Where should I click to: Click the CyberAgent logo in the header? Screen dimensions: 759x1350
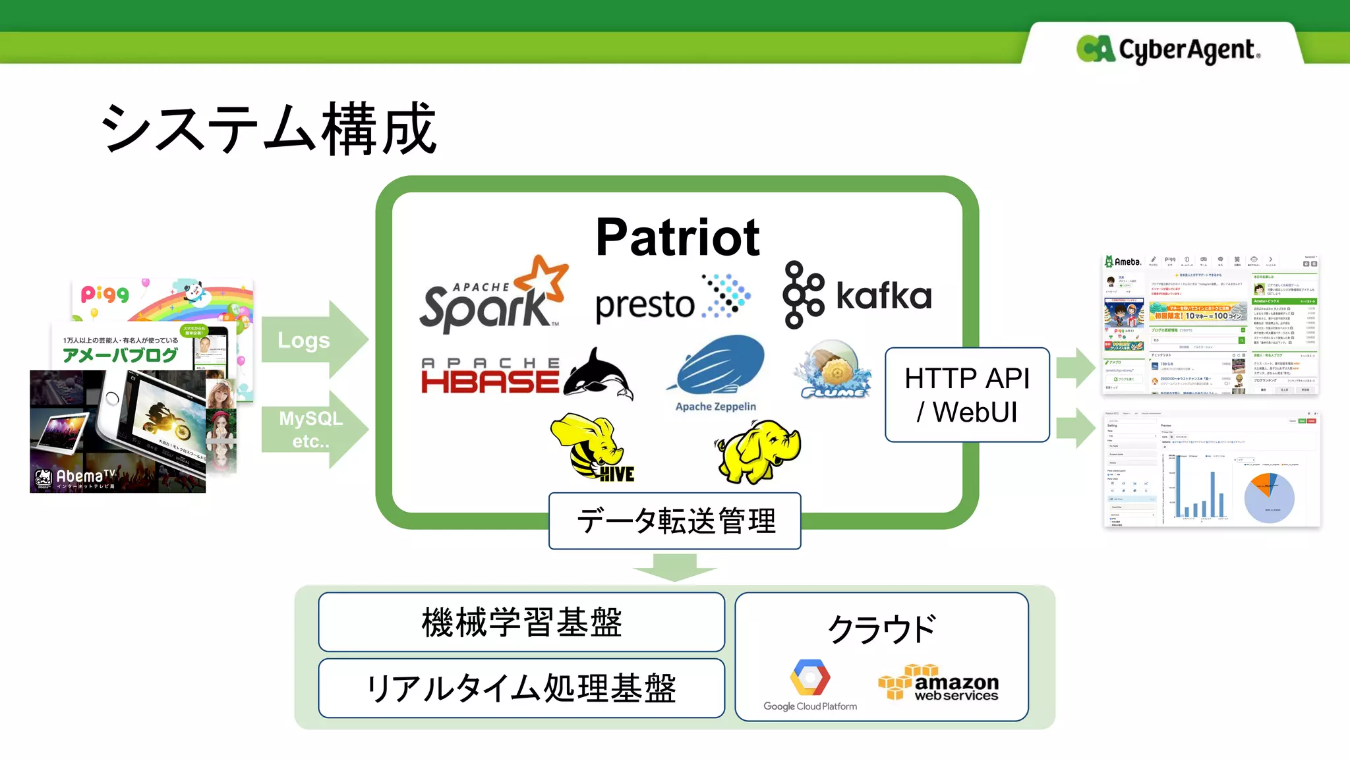pos(1168,49)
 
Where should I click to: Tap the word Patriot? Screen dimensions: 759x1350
pos(677,237)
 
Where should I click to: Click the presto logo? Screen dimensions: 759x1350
pos(672,300)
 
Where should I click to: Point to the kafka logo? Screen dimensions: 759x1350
pos(857,295)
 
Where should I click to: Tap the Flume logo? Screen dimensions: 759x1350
pos(833,370)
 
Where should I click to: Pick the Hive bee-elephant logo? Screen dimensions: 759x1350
pos(592,448)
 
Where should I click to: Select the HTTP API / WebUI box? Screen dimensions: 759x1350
pos(967,395)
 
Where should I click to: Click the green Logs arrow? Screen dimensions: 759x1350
pos(313,340)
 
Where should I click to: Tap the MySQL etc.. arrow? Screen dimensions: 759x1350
pos(313,430)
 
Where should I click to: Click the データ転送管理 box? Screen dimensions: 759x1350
pos(675,521)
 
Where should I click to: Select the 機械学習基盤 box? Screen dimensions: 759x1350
pos(521,622)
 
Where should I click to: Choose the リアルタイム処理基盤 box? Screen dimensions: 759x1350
pos(521,688)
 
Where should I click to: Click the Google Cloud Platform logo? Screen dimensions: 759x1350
pos(810,685)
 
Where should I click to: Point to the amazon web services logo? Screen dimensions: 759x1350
pos(939,683)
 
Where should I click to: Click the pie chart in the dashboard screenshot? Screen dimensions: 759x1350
pos(1269,498)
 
